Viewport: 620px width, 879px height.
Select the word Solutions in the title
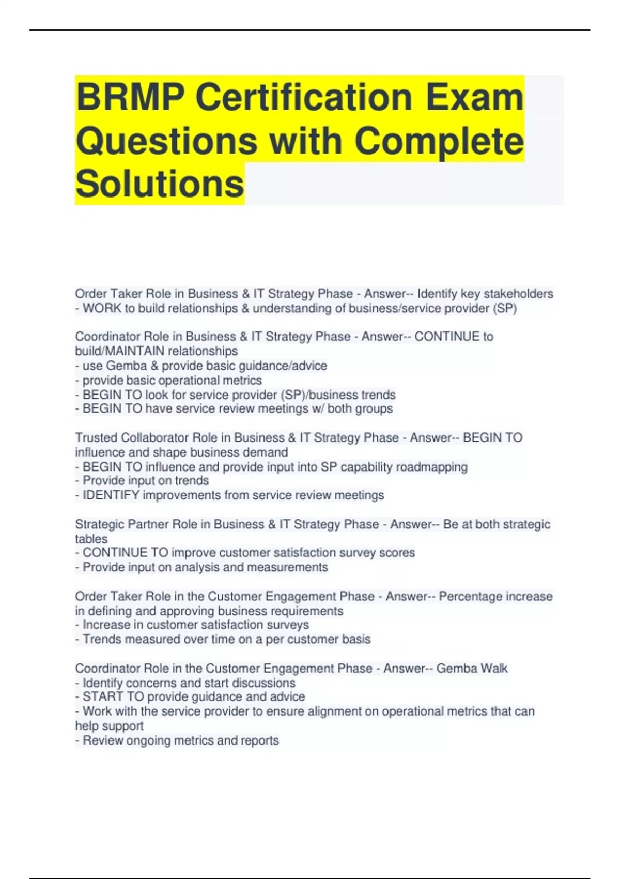point(160,184)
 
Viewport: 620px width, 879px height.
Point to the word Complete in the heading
point(439,141)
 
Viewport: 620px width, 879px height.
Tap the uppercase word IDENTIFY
point(111,495)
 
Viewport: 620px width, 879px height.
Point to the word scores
point(397,553)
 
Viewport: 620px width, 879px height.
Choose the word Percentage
point(470,596)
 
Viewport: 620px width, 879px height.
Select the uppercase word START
point(102,697)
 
